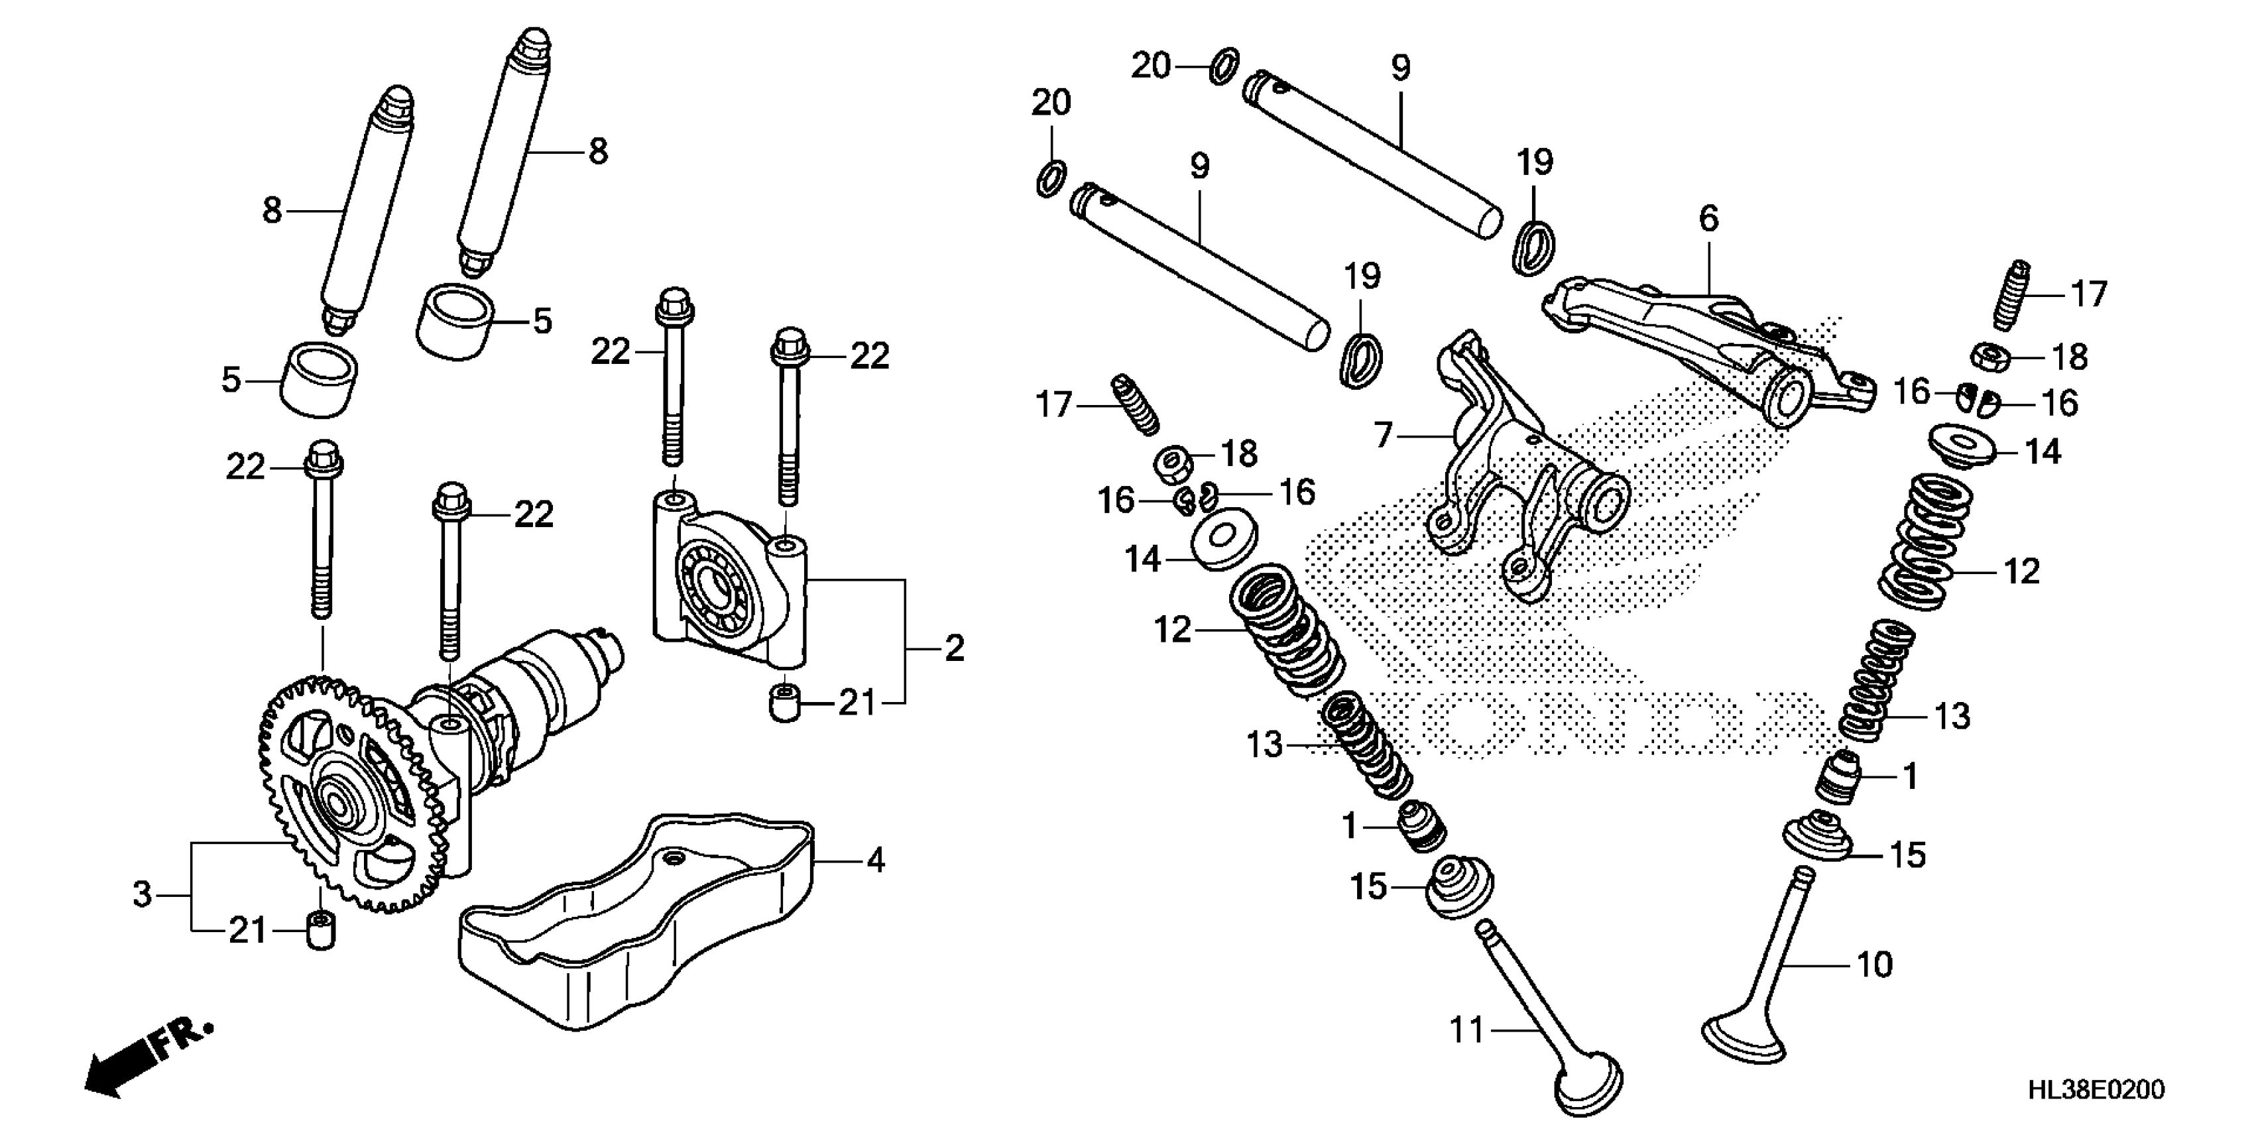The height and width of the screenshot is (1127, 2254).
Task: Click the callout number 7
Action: point(1382,435)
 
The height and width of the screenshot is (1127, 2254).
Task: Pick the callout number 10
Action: point(1874,965)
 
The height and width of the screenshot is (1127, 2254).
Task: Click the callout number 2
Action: point(954,648)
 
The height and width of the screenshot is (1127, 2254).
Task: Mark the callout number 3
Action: point(142,894)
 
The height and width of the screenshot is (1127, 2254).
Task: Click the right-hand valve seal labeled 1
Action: point(1835,778)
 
